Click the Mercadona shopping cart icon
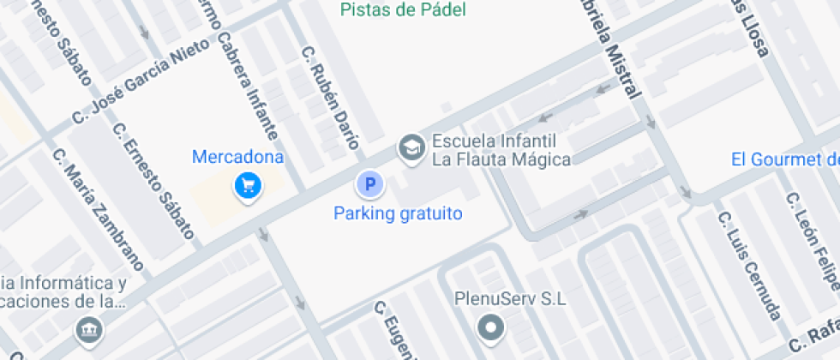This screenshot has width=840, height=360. (x=248, y=184)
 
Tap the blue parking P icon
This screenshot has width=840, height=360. (x=370, y=183)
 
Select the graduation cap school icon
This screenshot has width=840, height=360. (x=412, y=148)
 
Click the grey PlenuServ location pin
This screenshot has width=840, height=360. (x=491, y=327)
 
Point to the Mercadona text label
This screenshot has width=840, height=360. (x=237, y=158)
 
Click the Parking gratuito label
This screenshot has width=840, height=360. (x=398, y=213)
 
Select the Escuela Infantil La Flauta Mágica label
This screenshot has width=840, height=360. (x=501, y=150)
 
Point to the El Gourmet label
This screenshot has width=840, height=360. (x=784, y=159)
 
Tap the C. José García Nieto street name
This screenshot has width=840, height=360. (x=141, y=81)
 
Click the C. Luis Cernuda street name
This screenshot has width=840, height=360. (x=749, y=264)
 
